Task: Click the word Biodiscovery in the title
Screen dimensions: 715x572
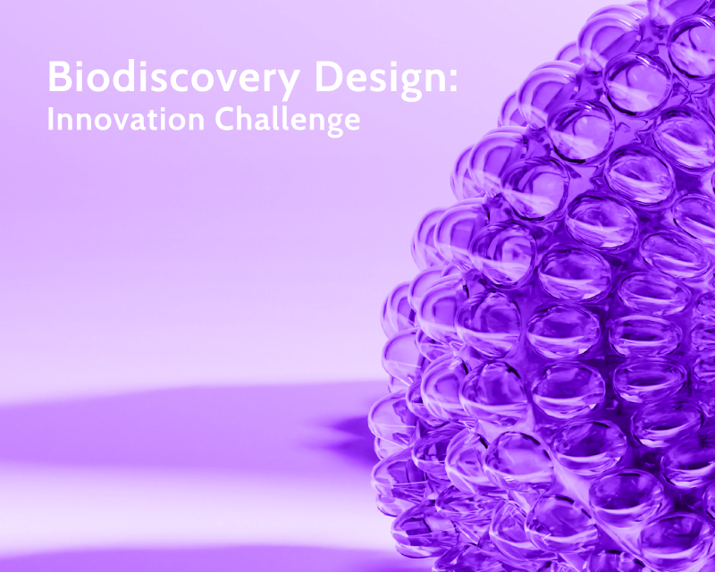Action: tap(173, 79)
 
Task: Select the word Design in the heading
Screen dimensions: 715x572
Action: tap(382, 79)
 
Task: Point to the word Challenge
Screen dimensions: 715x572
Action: tap(287, 120)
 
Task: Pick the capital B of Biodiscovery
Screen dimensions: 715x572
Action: tap(59, 76)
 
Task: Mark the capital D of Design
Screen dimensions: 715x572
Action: tap(329, 76)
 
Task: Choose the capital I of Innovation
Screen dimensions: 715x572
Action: tap(51, 119)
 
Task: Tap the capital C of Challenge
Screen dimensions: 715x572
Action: tap(224, 119)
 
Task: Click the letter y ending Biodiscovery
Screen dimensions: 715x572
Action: tap(287, 85)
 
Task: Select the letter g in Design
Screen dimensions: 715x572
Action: tap(408, 85)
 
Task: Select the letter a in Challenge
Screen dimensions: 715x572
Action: tap(265, 122)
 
